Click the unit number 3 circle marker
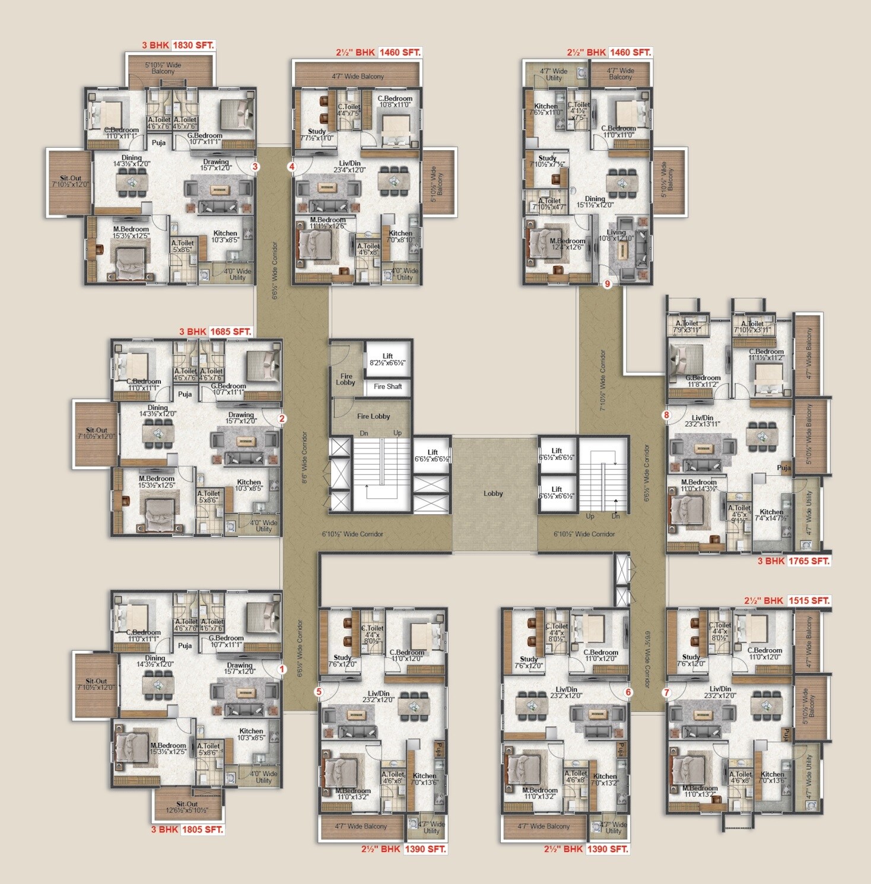(x=255, y=167)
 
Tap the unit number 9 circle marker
(x=607, y=284)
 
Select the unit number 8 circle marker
(x=666, y=415)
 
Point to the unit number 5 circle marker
(x=319, y=692)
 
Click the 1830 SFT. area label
(x=193, y=45)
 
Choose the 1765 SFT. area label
(x=809, y=561)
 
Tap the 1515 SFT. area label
(x=809, y=600)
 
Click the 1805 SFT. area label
(x=202, y=829)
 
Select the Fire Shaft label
(x=387, y=386)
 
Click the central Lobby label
(x=493, y=493)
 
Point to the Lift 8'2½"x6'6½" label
(x=387, y=360)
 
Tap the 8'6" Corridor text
(x=305, y=457)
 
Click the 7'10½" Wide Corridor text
(x=603, y=380)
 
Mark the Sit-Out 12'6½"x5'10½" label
(x=187, y=807)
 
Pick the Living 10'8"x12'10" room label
(x=616, y=236)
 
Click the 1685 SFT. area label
(x=230, y=332)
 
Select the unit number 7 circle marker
(x=666, y=692)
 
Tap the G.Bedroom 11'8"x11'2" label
(x=703, y=381)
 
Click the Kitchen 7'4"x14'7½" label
(x=771, y=515)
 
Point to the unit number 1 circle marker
(x=282, y=669)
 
